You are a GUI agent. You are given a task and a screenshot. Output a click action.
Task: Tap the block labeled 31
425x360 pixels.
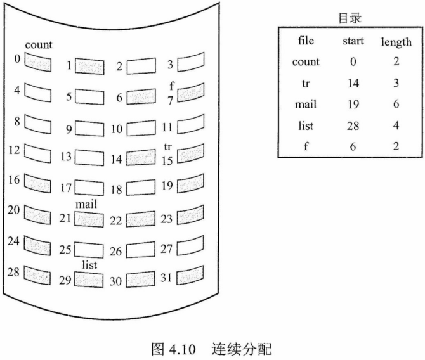click(x=191, y=274)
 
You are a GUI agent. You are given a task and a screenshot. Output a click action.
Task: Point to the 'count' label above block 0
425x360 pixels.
click(x=39, y=45)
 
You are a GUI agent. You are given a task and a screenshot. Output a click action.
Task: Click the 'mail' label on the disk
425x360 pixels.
click(x=86, y=205)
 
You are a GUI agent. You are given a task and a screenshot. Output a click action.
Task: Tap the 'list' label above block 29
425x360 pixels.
click(x=89, y=265)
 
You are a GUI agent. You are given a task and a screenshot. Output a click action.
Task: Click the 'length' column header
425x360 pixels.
click(x=396, y=42)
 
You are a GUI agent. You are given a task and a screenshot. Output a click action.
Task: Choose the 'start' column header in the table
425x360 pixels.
click(x=352, y=41)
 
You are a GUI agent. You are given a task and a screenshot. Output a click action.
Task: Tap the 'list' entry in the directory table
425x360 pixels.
click(x=306, y=125)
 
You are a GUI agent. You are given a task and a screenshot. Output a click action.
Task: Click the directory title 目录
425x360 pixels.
click(x=350, y=18)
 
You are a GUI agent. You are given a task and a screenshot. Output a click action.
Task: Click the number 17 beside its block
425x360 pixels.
click(x=65, y=188)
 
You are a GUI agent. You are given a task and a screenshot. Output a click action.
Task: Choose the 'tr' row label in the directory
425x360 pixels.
click(x=306, y=83)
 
